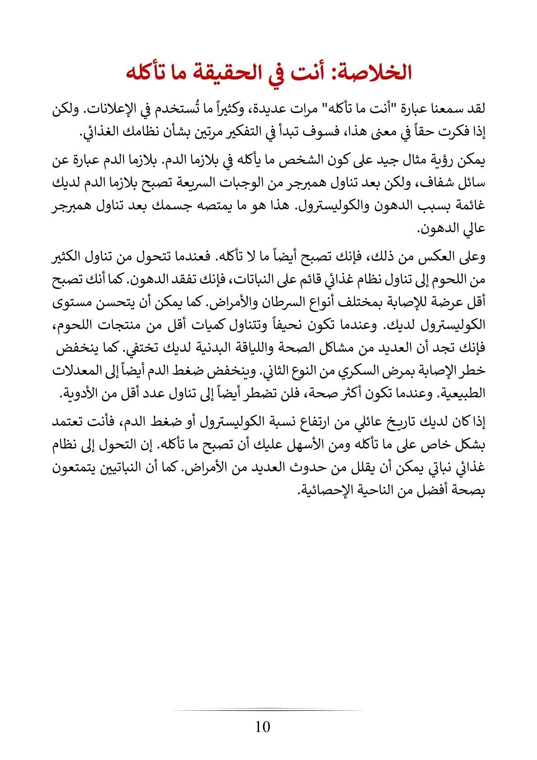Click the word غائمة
tap(471, 206)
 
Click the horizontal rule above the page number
tap(268, 709)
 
